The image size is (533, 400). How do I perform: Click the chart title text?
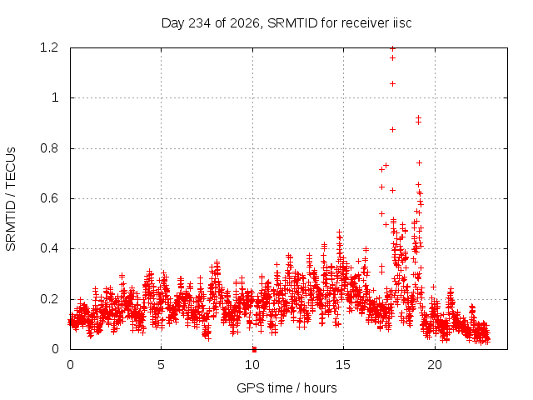286,23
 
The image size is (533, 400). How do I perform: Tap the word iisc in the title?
401,23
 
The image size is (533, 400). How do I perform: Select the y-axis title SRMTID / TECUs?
11,199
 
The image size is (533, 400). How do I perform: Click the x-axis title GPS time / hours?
286,387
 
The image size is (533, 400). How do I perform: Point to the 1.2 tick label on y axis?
49,47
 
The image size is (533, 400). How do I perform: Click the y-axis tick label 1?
55,98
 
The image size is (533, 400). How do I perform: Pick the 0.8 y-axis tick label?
49,148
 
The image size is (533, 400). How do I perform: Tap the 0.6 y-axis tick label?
49,198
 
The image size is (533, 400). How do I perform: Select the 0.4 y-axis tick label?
49,248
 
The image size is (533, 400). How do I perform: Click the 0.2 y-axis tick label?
49,299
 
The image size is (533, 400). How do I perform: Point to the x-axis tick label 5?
161,365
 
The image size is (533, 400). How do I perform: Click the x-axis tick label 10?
252,365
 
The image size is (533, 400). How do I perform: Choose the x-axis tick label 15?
343,365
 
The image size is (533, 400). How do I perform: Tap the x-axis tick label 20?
435,365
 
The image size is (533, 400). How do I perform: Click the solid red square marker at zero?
254,349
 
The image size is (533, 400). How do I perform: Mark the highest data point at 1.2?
392,48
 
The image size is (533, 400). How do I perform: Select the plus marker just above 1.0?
392,83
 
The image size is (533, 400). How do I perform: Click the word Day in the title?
172,24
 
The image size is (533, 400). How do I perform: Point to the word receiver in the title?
366,23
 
